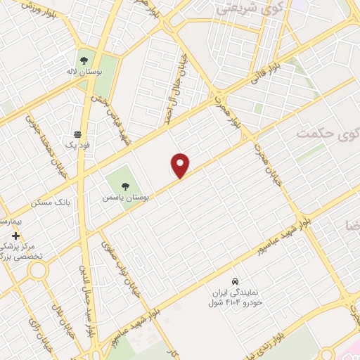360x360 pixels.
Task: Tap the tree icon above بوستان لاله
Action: (x=84, y=60)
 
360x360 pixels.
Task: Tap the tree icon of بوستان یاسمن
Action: (x=124, y=186)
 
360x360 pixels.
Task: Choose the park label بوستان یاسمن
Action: (x=124, y=198)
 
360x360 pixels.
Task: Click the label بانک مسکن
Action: (x=52, y=202)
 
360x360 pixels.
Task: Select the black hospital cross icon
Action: (x=15, y=235)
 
